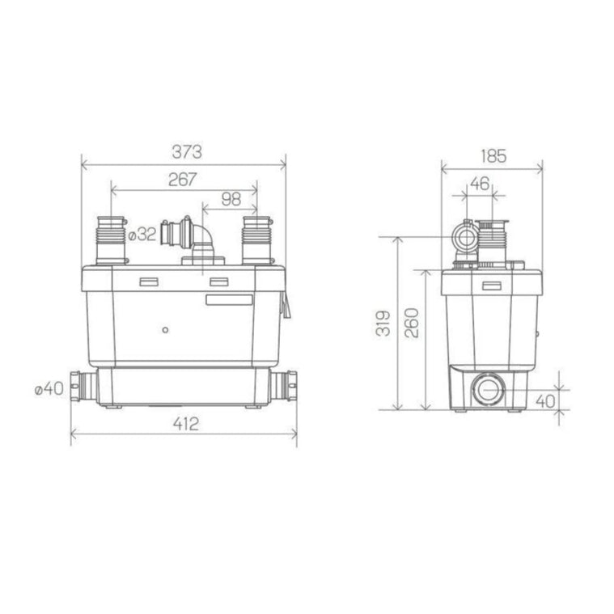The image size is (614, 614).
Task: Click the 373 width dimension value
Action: click(187, 152)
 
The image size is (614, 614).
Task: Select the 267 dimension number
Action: click(183, 180)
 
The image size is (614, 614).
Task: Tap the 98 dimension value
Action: click(231, 199)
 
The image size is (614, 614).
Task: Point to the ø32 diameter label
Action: click(142, 235)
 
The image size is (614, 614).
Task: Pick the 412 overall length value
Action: click(185, 424)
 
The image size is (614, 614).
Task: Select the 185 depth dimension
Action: click(493, 156)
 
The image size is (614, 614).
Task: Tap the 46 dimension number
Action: click(480, 184)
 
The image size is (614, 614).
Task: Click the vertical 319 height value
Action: click(383, 323)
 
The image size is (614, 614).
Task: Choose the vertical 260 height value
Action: click(412, 323)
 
